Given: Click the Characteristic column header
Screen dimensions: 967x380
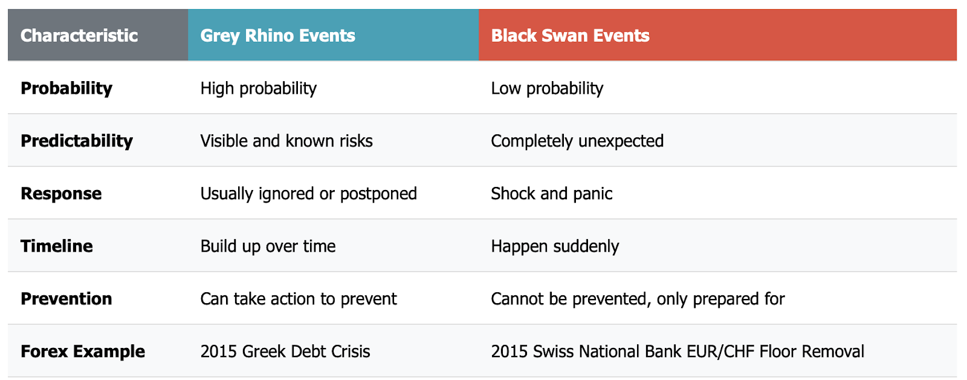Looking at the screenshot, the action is pyautogui.click(x=79, y=36).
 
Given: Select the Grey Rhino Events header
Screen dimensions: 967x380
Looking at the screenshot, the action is pyautogui.click(x=277, y=36).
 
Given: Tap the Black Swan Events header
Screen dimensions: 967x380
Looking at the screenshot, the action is pyautogui.click(x=571, y=36).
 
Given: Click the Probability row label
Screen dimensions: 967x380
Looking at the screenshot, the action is pyautogui.click(x=66, y=88).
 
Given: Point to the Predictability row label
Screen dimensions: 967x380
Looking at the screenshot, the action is pyautogui.click(x=77, y=142).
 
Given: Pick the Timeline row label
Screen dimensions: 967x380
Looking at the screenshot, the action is pyautogui.click(x=57, y=246).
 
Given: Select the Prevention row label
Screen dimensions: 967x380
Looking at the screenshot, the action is pyautogui.click(x=66, y=299).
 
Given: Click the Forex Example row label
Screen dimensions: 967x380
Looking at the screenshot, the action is pyautogui.click(x=83, y=352).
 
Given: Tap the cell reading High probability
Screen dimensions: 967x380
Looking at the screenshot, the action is pyautogui.click(x=259, y=88).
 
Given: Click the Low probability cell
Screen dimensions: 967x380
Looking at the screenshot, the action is pyautogui.click(x=547, y=88).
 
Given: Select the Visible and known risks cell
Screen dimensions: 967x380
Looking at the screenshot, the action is pyautogui.click(x=286, y=141).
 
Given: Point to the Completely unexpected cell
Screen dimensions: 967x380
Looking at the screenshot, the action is pyautogui.click(x=577, y=142).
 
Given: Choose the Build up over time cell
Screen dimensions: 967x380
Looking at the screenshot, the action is pyautogui.click(x=268, y=246).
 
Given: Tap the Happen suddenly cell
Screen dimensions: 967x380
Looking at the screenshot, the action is pyautogui.click(x=555, y=246).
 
